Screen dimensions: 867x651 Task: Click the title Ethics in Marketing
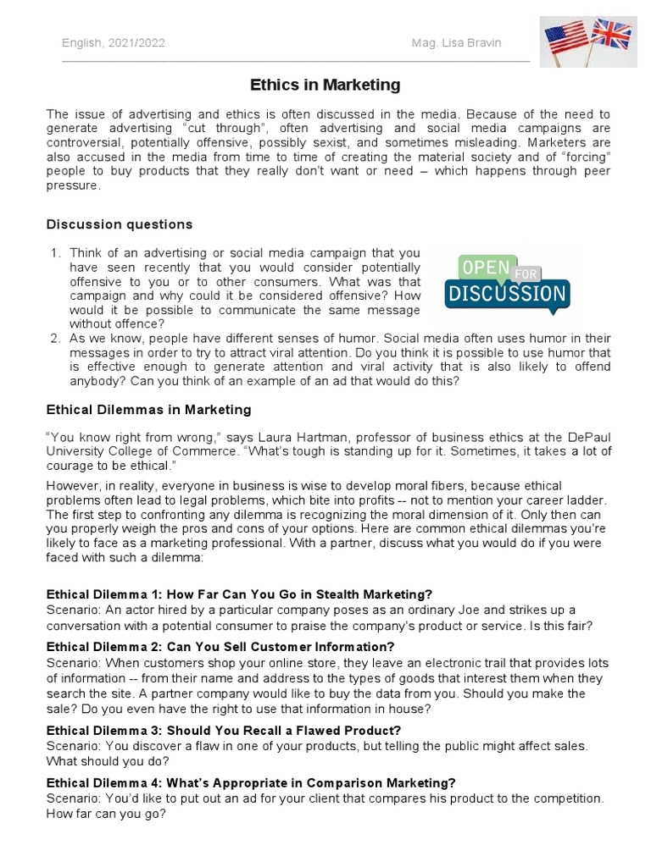coord(325,86)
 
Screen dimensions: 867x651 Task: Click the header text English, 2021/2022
coord(114,43)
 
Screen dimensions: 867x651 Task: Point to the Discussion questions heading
coord(119,224)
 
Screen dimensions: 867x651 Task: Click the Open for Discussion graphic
coord(507,282)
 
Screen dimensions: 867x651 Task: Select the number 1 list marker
coord(55,253)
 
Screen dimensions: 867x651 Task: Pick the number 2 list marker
coord(55,339)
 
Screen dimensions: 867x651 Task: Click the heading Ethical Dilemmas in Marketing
coord(148,410)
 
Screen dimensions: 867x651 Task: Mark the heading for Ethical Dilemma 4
coord(251,782)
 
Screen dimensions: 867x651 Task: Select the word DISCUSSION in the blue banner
coord(507,295)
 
